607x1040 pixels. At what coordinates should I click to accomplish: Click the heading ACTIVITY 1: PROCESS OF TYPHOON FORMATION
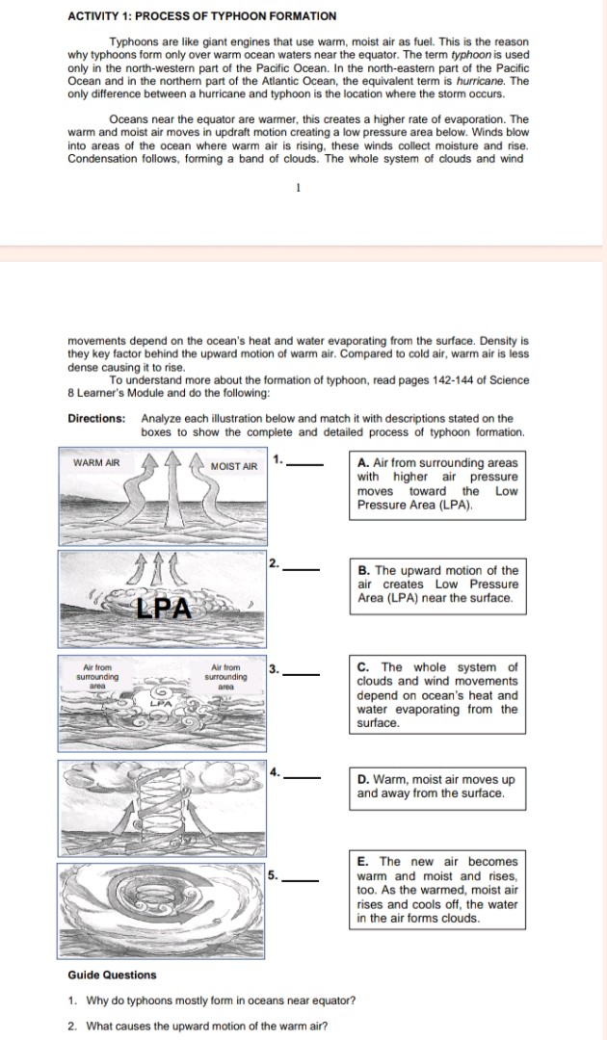tap(202, 16)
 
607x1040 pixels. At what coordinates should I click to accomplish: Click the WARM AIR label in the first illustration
tap(96, 462)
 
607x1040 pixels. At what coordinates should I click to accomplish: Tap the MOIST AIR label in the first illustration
tap(234, 466)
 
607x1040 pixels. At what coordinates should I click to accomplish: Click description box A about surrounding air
tap(436, 483)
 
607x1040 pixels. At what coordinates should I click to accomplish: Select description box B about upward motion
tap(436, 585)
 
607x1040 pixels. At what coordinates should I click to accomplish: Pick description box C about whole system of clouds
tap(436, 694)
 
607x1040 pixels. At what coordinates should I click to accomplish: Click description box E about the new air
tap(436, 890)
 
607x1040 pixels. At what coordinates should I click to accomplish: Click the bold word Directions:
tap(96, 419)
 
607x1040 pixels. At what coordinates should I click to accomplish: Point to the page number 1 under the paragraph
tap(299, 188)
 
